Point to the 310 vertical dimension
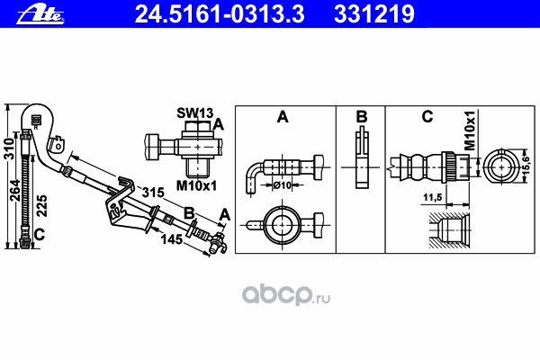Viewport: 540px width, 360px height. tap(8, 149)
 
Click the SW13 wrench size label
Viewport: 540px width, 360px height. tap(193, 113)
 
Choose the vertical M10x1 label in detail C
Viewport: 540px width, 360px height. tap(470, 131)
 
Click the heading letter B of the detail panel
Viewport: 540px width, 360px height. tap(360, 117)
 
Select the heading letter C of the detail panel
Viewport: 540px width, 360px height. tap(427, 117)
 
